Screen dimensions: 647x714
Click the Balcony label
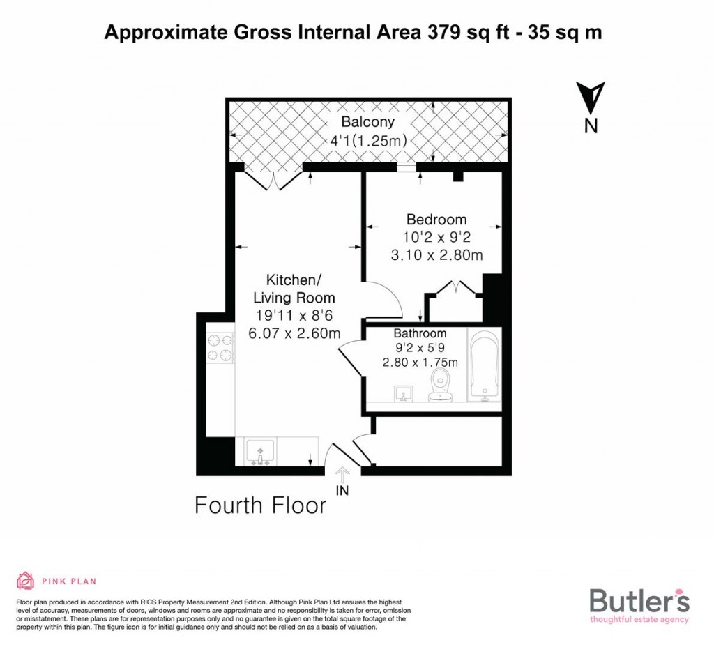click(x=367, y=122)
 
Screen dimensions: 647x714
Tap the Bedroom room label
click(x=436, y=220)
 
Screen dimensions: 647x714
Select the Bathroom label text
click(x=420, y=333)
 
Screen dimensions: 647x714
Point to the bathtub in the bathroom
click(x=484, y=365)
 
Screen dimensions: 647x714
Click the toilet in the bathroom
click(x=440, y=386)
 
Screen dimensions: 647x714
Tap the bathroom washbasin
click(x=404, y=395)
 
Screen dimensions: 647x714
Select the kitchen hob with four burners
click(x=220, y=347)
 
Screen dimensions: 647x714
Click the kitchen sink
click(x=260, y=452)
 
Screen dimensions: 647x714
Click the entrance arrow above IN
click(x=342, y=474)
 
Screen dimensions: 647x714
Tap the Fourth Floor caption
click(x=260, y=505)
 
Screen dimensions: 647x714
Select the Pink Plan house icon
click(x=26, y=580)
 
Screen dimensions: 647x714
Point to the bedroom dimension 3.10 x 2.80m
click(x=436, y=255)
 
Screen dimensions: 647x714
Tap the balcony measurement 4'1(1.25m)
click(x=367, y=140)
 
